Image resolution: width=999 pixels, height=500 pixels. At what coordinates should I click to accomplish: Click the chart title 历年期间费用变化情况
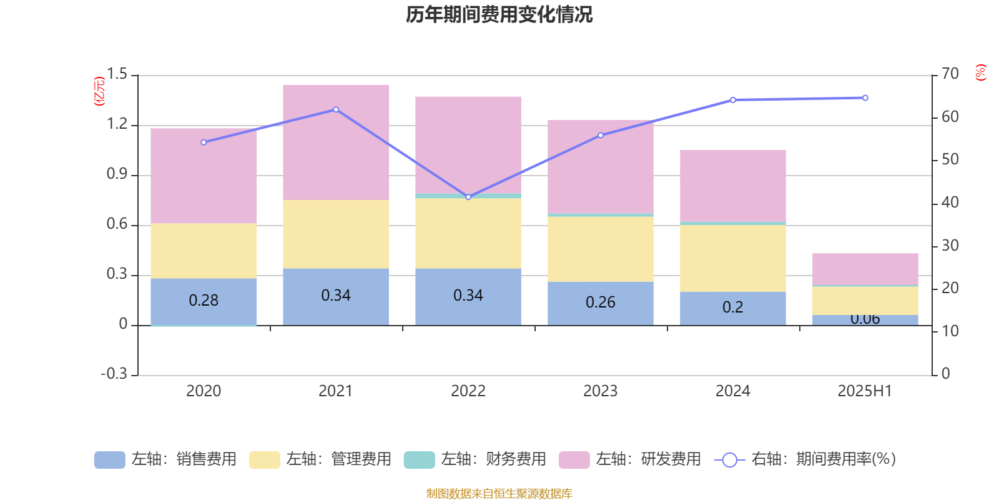(499, 14)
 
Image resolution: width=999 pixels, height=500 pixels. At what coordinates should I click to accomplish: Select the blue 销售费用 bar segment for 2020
(204, 301)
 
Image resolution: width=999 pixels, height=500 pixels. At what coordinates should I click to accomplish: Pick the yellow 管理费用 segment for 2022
(468, 233)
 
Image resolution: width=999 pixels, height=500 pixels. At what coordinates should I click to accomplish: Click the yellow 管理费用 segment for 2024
(733, 257)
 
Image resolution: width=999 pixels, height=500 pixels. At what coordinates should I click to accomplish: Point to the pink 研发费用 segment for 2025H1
(865, 269)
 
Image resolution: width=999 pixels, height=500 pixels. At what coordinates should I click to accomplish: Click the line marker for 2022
(468, 197)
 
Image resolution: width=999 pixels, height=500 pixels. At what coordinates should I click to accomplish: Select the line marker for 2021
(336, 109)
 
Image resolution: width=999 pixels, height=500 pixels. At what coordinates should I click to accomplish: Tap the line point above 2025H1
(865, 98)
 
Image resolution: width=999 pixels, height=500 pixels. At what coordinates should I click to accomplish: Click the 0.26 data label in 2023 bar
(601, 302)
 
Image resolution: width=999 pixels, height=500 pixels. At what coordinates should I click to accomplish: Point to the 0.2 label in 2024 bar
(733, 307)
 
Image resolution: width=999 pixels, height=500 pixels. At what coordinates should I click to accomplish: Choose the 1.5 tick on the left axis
(117, 74)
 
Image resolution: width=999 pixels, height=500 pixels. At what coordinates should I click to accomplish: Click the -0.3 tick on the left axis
(114, 374)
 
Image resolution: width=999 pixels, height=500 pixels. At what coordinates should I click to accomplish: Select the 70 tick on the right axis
(950, 74)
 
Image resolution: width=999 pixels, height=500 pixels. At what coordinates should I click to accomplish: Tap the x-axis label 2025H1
(865, 391)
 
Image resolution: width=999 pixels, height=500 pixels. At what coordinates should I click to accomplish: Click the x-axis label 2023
(601, 391)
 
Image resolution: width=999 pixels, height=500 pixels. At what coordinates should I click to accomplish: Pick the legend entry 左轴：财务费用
(475, 459)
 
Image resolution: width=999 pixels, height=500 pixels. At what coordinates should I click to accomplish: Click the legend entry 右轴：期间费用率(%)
(805, 459)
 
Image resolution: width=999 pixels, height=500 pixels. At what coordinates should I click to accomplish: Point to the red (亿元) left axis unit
(99, 91)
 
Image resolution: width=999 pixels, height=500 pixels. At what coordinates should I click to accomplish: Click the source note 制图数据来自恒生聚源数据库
(499, 494)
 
